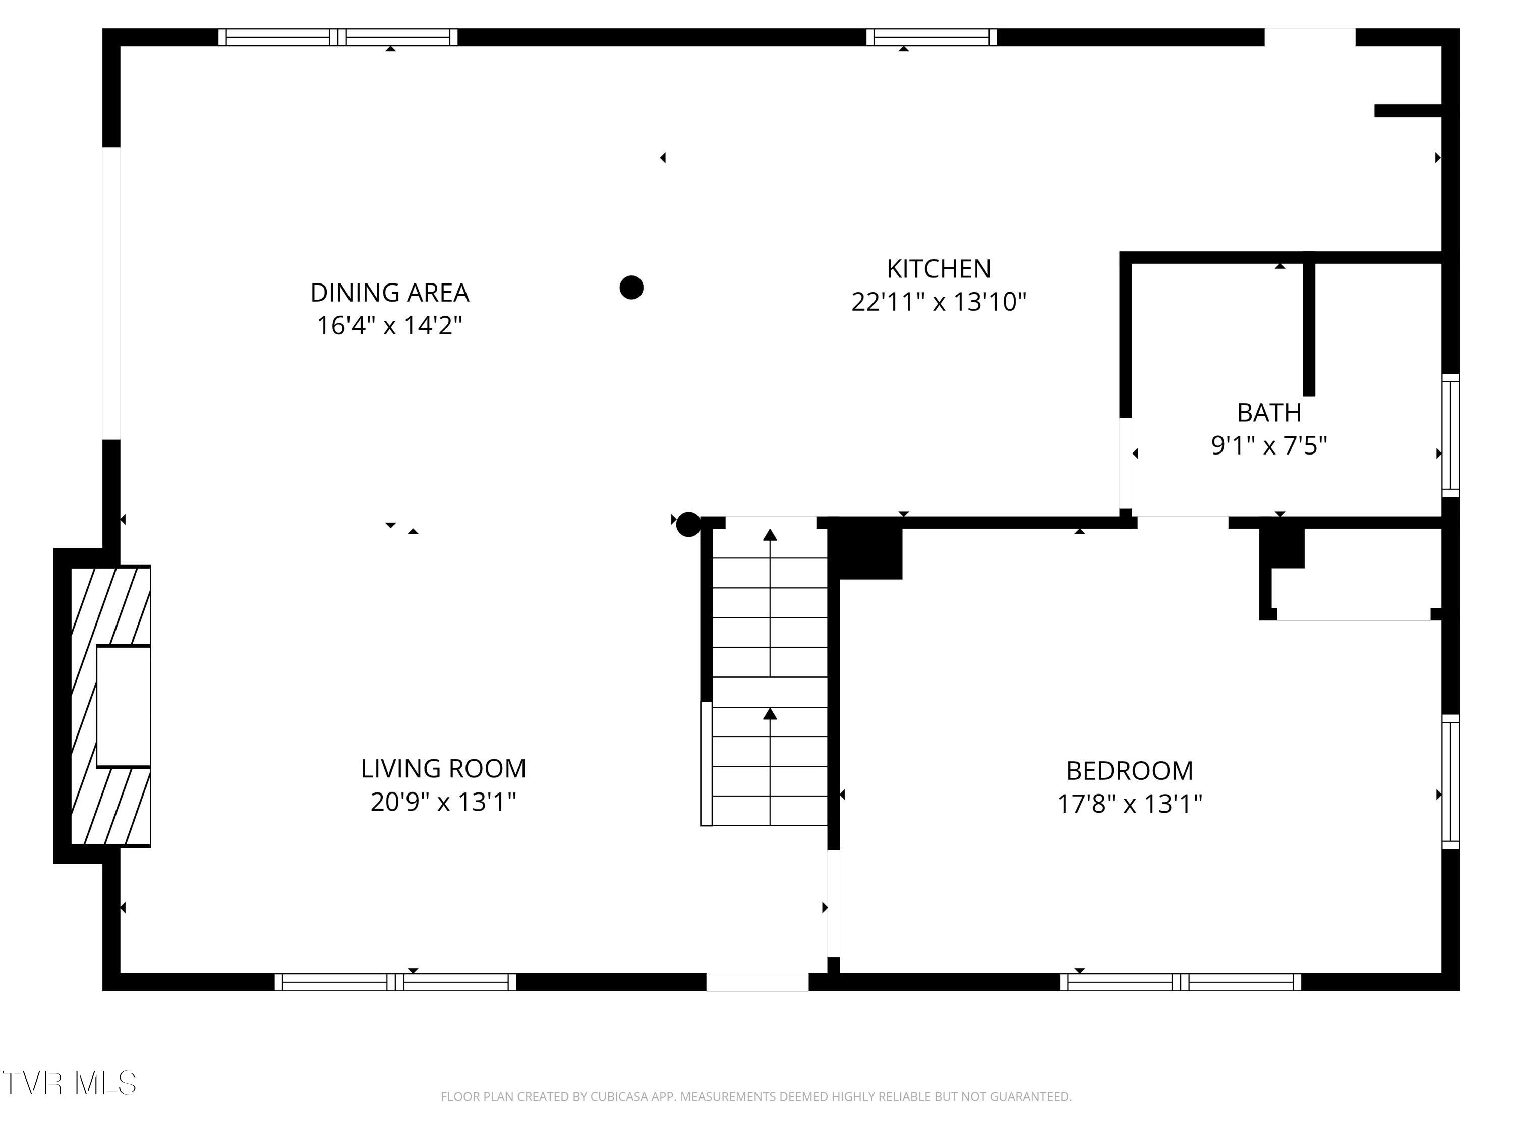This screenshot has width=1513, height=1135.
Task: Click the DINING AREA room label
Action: (x=389, y=293)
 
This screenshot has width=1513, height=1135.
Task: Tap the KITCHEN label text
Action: (x=939, y=269)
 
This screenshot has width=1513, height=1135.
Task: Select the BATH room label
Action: (x=1269, y=413)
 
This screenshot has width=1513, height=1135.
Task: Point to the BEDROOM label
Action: (x=1129, y=771)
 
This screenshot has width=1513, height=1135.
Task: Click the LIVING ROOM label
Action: (x=443, y=768)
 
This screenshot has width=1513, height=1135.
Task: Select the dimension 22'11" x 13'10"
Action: (x=939, y=302)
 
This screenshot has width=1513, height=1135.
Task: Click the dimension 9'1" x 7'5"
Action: (x=1269, y=445)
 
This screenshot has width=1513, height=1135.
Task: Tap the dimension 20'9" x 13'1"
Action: (x=443, y=801)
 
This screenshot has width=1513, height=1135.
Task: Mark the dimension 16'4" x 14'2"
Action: (x=389, y=326)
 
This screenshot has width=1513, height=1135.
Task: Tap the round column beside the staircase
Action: (x=688, y=524)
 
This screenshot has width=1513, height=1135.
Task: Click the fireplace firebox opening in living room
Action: (x=124, y=706)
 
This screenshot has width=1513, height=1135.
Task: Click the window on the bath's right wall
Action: (x=1450, y=435)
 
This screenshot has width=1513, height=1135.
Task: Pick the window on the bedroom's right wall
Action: (x=1450, y=781)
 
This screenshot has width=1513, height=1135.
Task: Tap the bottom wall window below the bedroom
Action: (x=1181, y=982)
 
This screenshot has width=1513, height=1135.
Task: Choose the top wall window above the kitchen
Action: (x=932, y=37)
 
